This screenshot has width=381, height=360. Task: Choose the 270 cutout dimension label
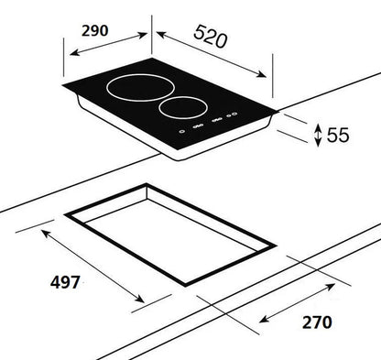(313, 322)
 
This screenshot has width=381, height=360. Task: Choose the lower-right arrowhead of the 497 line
(143, 303)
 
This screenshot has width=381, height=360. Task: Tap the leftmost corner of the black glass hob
(62, 89)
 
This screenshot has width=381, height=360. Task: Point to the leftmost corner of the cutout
(66, 214)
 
